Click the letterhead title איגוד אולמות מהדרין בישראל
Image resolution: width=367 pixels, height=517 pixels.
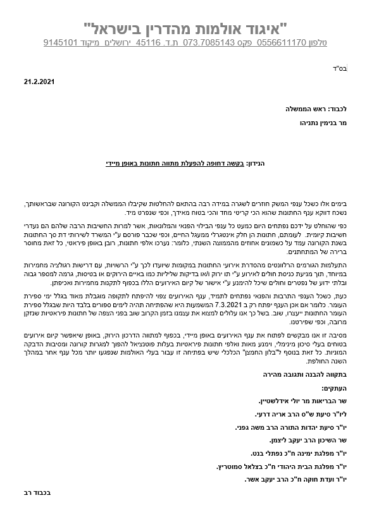185,28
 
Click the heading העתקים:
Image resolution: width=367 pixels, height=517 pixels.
333,388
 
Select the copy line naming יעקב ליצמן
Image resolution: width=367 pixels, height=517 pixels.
305,440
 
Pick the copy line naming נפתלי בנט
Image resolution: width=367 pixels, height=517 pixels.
292,453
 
